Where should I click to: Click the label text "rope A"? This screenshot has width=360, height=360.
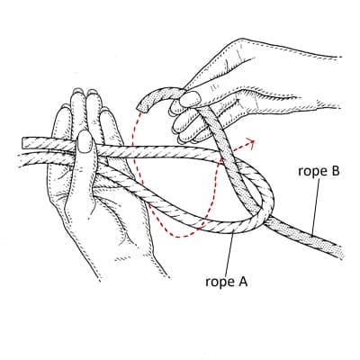pos(227,282)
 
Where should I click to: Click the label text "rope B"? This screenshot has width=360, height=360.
pos(319,171)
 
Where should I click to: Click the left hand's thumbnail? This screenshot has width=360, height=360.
pos(85,141)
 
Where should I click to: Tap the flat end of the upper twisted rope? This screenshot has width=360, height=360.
pos(23,142)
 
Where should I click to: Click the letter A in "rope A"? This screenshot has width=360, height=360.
pos(242,281)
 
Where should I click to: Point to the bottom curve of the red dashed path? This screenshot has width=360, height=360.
pos(180,237)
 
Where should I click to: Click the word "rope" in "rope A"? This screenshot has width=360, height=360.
pos(218,283)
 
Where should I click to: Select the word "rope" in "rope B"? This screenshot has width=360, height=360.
pos(311,172)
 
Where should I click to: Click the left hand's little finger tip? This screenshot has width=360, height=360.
pos(64,108)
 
